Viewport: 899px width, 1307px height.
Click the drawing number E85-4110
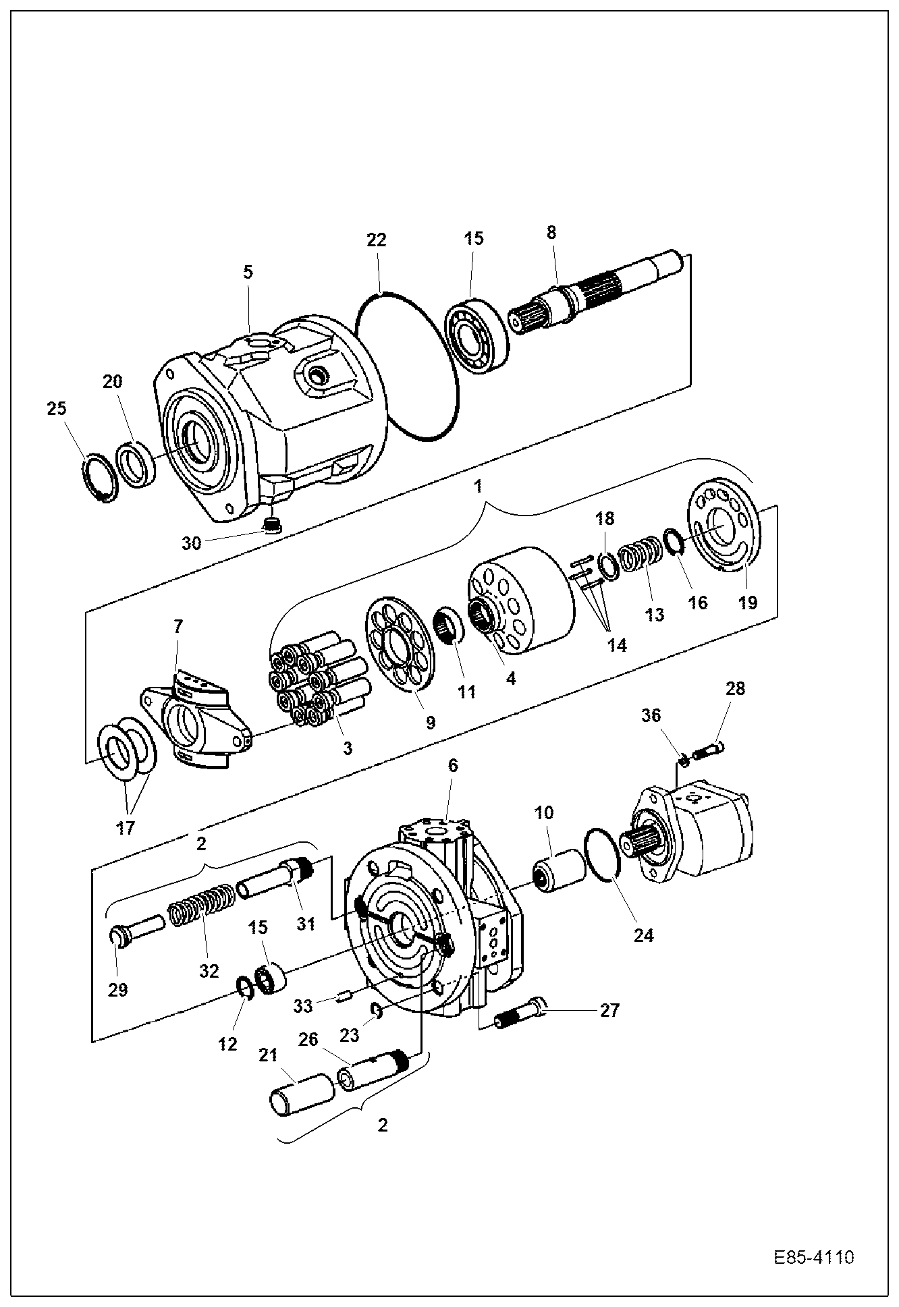pyautogui.click(x=814, y=1258)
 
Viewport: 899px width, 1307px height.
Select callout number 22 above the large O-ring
pyautogui.click(x=377, y=240)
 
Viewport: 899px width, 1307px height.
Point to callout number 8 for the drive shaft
pyautogui.click(x=551, y=233)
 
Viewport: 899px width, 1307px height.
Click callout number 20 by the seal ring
pyautogui.click(x=113, y=382)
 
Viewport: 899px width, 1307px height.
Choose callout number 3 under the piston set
pyautogui.click(x=348, y=748)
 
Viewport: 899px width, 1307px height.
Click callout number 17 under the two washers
pyautogui.click(x=126, y=827)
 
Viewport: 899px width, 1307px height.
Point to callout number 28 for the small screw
pyautogui.click(x=736, y=689)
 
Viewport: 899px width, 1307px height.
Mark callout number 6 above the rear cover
pyautogui.click(x=453, y=765)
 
